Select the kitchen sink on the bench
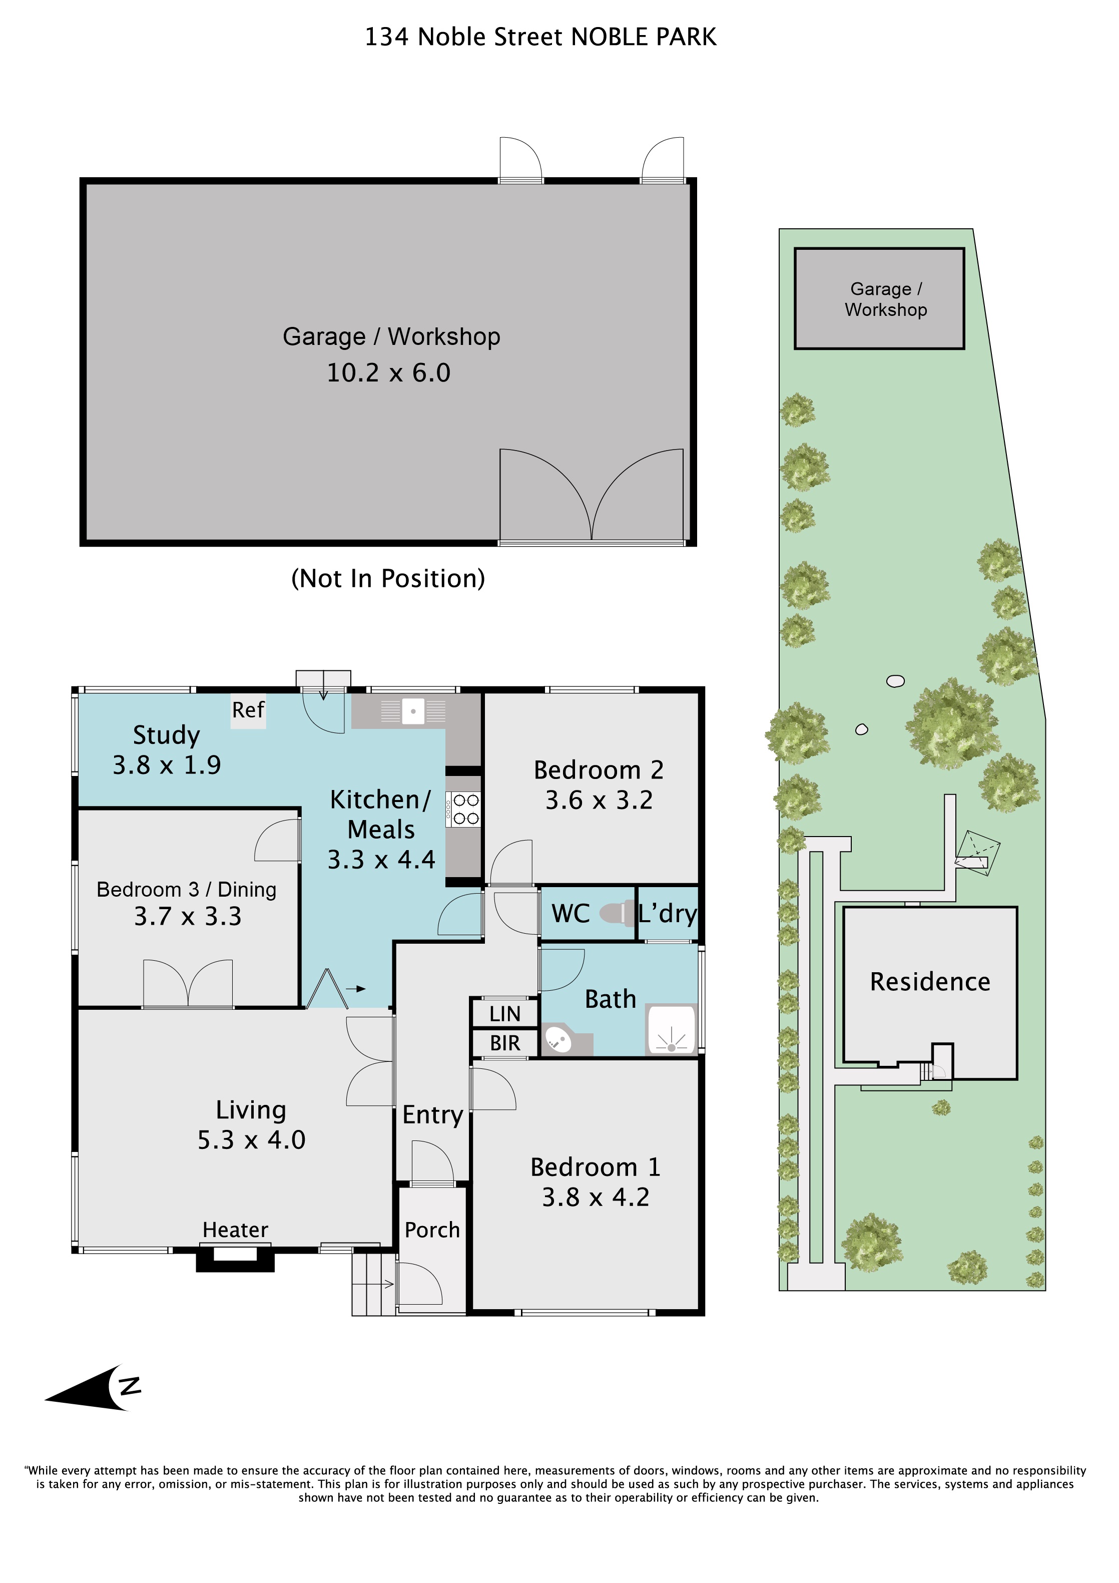click(413, 711)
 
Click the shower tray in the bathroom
click(671, 1029)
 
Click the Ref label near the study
click(248, 709)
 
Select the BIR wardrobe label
click(505, 1043)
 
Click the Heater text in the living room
click(235, 1230)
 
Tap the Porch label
click(432, 1230)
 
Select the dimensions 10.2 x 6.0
click(389, 372)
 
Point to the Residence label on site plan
click(930, 981)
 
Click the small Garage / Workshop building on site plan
click(879, 298)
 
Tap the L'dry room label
click(668, 914)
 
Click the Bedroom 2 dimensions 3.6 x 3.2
click(599, 800)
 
